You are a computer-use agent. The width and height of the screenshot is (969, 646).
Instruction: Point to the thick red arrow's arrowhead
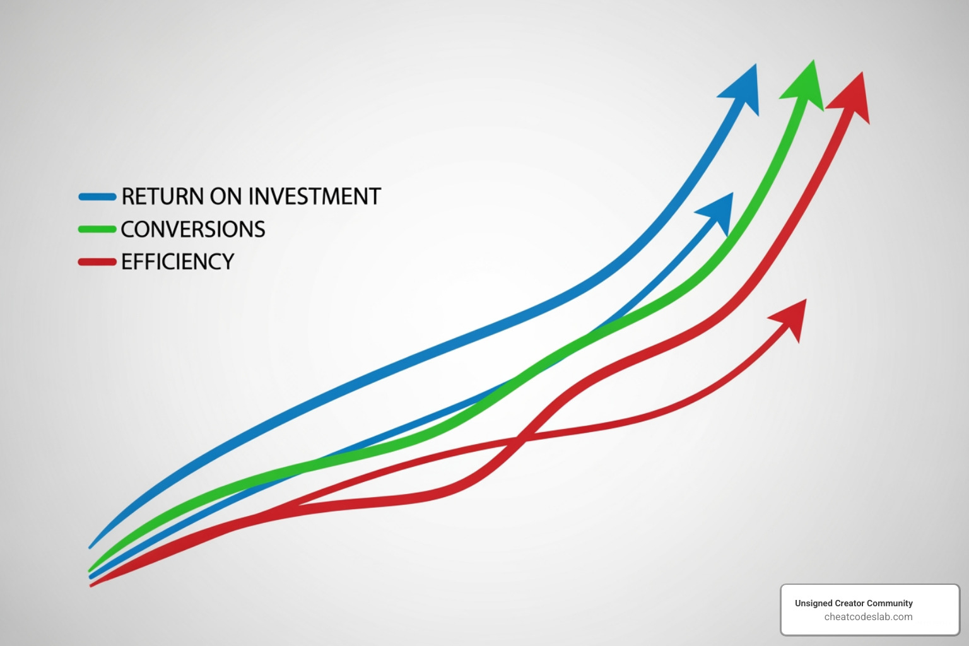pyautogui.click(x=852, y=98)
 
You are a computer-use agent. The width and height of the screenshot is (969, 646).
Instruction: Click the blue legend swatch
pyautogui.click(x=97, y=197)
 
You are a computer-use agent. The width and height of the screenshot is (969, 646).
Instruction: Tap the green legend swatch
pyautogui.click(x=97, y=229)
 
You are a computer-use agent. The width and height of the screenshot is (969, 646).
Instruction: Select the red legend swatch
pyautogui.click(x=97, y=262)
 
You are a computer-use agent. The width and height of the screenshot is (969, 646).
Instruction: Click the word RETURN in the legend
pyautogui.click(x=162, y=197)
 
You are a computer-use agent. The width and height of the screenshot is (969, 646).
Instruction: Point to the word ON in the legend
pyautogui.click(x=225, y=197)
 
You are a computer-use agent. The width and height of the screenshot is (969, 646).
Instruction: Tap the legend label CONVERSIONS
pyautogui.click(x=193, y=230)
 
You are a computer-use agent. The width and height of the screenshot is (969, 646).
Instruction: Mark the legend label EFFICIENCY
pyautogui.click(x=178, y=262)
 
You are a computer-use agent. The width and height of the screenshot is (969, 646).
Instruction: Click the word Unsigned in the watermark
pyautogui.click(x=813, y=603)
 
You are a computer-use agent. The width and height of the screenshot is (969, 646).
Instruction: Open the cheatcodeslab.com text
pyautogui.click(x=868, y=617)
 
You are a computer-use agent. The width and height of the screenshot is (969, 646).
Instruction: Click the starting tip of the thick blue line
pyautogui.click(x=91, y=546)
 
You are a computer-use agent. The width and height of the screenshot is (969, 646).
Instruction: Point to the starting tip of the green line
pyautogui.click(x=91, y=569)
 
